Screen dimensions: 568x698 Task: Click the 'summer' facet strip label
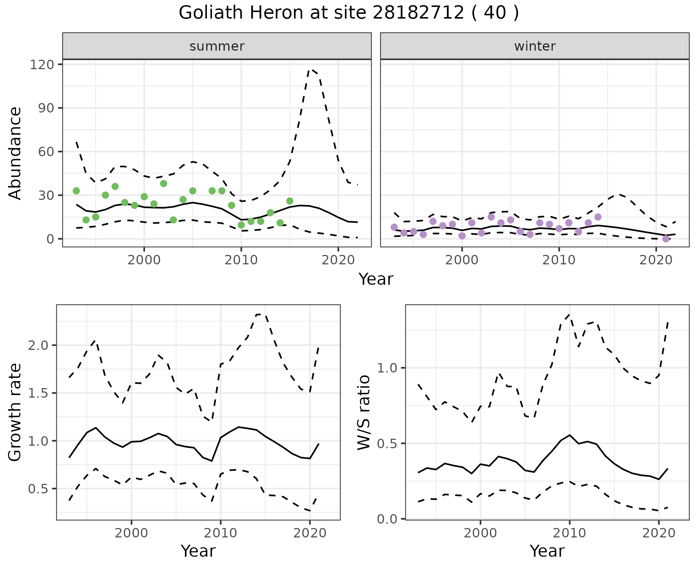point(217,46)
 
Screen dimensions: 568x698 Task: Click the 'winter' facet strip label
point(535,46)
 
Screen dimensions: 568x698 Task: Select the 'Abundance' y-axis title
point(15,153)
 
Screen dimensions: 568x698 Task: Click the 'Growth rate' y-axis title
point(15,412)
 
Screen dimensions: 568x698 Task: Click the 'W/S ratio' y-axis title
point(364,412)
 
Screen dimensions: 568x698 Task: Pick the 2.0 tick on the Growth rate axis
point(38,345)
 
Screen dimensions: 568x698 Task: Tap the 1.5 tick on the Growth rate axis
point(38,393)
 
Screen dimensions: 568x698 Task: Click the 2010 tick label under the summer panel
point(241,260)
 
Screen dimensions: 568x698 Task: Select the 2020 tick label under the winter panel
point(656,260)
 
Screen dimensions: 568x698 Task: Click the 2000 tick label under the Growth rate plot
point(131,533)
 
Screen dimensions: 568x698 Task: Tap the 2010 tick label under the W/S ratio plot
point(569,533)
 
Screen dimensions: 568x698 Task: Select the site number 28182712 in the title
point(418,13)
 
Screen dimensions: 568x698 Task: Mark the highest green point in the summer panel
point(164,184)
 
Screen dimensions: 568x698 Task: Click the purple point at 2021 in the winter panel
point(666,239)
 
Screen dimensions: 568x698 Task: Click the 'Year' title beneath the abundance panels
point(376,279)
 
